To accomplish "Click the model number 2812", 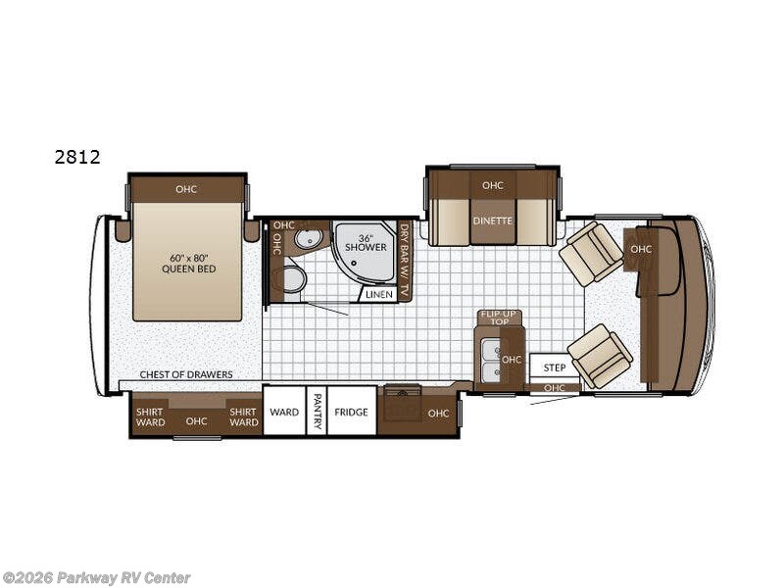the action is pyautogui.click(x=77, y=157).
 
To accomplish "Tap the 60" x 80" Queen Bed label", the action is pyautogui.click(x=188, y=264).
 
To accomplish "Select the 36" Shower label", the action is pyautogui.click(x=366, y=243).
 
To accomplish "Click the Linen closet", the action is pyautogui.click(x=378, y=295).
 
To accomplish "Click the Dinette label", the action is pyautogui.click(x=493, y=220).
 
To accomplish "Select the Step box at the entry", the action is pyautogui.click(x=555, y=367).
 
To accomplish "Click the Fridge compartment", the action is pyautogui.click(x=352, y=412).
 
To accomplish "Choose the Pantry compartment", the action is pyautogui.click(x=317, y=412).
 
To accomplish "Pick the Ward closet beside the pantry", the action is pyautogui.click(x=284, y=412).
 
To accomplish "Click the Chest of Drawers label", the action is pyautogui.click(x=186, y=374).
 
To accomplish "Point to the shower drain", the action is pyautogui.click(x=354, y=262).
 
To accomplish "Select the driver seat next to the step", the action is pyautogui.click(x=601, y=356).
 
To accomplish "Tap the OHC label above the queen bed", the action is pyautogui.click(x=186, y=189).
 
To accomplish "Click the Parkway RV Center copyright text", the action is pyautogui.click(x=96, y=578).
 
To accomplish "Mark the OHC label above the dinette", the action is pyautogui.click(x=493, y=185).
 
